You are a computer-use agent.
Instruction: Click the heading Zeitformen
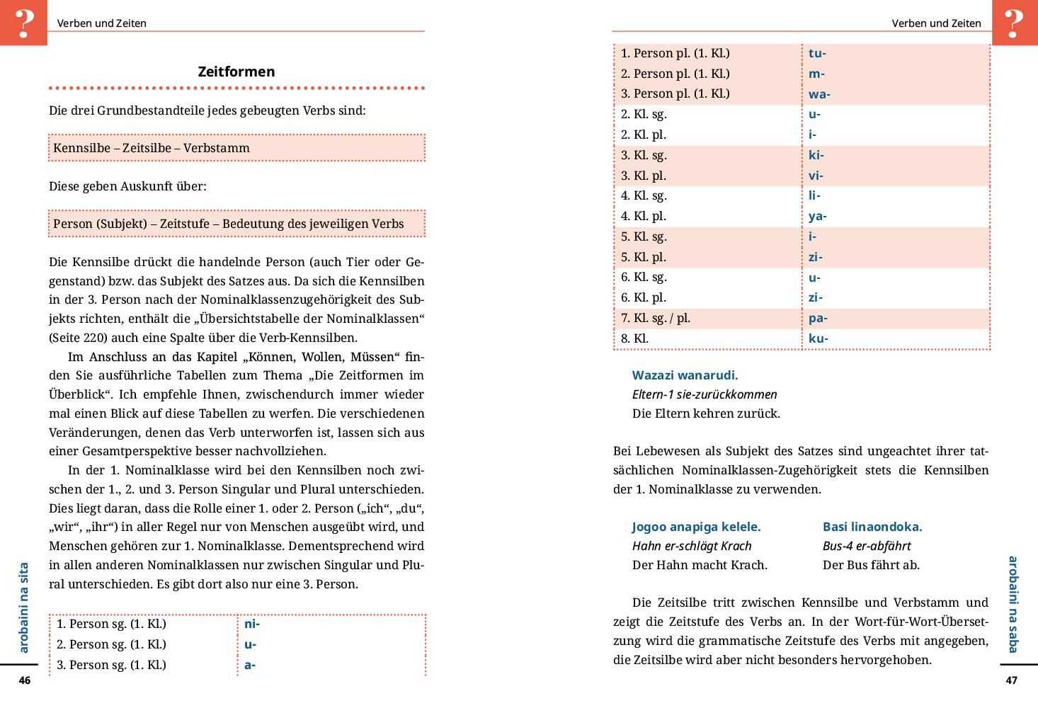pyautogui.click(x=236, y=72)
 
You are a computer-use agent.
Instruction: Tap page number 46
pyautogui.click(x=25, y=680)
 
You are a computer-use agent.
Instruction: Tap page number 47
pyautogui.click(x=1011, y=680)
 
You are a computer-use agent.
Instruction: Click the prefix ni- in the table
pyautogui.click(x=251, y=624)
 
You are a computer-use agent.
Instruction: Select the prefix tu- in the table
pyautogui.click(x=817, y=53)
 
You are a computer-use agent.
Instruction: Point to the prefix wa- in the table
pyautogui.click(x=819, y=94)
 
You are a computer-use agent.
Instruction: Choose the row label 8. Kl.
pyautogui.click(x=634, y=338)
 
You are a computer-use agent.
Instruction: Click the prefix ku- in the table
pyautogui.click(x=818, y=338)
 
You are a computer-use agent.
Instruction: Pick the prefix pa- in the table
pyautogui.click(x=818, y=318)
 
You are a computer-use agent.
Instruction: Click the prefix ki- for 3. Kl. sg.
pyautogui.click(x=816, y=155)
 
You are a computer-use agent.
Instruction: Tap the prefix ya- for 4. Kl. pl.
pyautogui.click(x=817, y=216)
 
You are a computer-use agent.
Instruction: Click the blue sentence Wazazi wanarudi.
pyautogui.click(x=685, y=375)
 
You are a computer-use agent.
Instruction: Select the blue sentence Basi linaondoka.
pyautogui.click(x=872, y=527)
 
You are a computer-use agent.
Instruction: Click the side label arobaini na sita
pyautogui.click(x=24, y=607)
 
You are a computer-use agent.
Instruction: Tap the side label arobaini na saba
pyautogui.click(x=1013, y=604)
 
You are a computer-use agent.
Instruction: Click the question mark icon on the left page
pyautogui.click(x=23, y=22)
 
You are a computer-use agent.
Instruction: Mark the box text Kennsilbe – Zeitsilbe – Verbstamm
pyautogui.click(x=152, y=148)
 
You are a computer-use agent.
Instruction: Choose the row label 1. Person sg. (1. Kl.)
pyautogui.click(x=111, y=624)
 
